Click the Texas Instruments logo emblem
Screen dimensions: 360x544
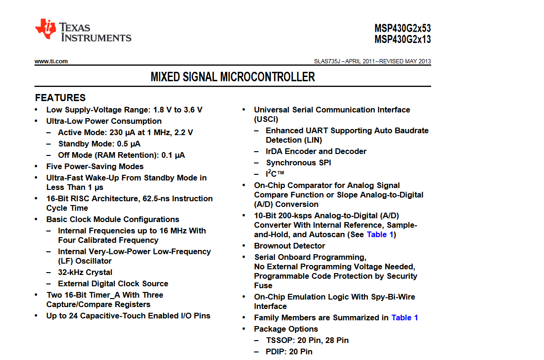(x=46, y=29)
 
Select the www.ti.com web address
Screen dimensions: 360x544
(x=51, y=61)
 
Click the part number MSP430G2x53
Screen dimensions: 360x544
(x=402, y=28)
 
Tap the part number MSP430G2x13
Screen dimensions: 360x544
(x=402, y=40)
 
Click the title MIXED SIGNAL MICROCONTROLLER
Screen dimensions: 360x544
(x=232, y=77)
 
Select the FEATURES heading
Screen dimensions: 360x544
(x=60, y=98)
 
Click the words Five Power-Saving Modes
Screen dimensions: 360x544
(x=94, y=166)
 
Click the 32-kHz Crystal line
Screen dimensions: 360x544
(x=85, y=272)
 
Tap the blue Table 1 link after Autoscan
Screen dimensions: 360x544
(x=380, y=234)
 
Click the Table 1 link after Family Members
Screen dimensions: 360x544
(x=404, y=317)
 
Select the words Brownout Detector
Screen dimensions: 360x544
(x=289, y=246)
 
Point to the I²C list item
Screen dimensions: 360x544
(x=275, y=174)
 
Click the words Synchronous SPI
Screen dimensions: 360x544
(x=298, y=163)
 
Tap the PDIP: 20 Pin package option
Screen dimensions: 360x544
(x=289, y=351)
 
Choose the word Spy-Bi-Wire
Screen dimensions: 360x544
(x=392, y=297)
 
